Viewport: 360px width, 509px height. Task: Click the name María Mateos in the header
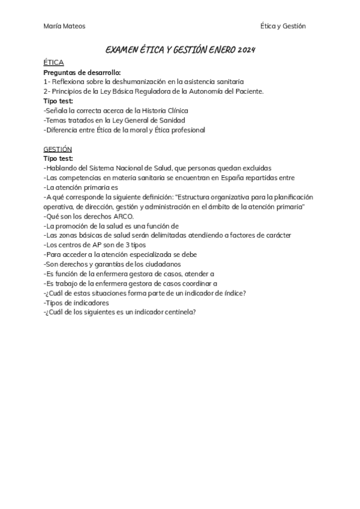point(64,26)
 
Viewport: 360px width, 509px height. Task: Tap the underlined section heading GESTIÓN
point(58,149)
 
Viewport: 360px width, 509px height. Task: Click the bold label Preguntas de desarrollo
point(82,72)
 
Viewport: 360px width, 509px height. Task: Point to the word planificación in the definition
point(287,197)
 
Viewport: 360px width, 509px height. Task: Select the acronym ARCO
point(124,216)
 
